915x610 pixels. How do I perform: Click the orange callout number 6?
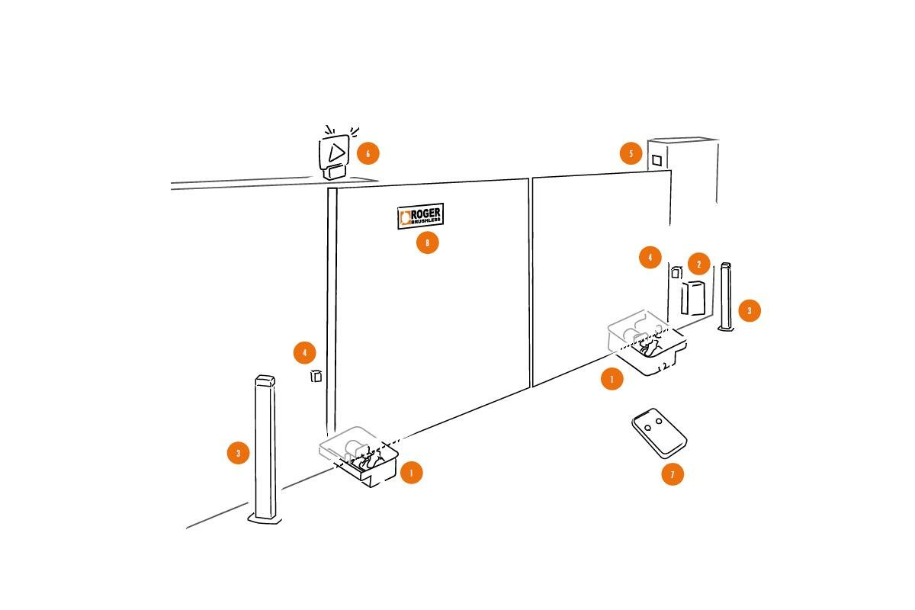(368, 153)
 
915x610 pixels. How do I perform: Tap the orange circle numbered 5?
(631, 153)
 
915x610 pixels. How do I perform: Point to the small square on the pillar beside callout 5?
(657, 161)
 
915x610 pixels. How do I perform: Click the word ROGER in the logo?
(425, 213)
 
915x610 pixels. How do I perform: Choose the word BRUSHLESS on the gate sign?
(426, 221)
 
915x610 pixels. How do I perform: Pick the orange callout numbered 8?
(427, 242)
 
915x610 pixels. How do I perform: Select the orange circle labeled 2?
(698, 264)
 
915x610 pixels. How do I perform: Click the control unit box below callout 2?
(693, 298)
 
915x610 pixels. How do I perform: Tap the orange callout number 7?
(673, 474)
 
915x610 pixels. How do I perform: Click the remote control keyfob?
(660, 433)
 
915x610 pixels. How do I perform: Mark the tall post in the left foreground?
(265, 449)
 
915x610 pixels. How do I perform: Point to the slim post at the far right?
(726, 296)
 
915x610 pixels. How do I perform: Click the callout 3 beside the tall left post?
(238, 453)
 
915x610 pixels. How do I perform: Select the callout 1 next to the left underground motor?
(411, 473)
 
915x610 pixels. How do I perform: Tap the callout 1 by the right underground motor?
(612, 379)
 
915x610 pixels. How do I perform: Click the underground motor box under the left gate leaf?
(358, 456)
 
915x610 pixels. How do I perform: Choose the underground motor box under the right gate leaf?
(647, 342)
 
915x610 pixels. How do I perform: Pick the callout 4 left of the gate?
(304, 352)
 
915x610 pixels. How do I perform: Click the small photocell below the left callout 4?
(316, 376)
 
